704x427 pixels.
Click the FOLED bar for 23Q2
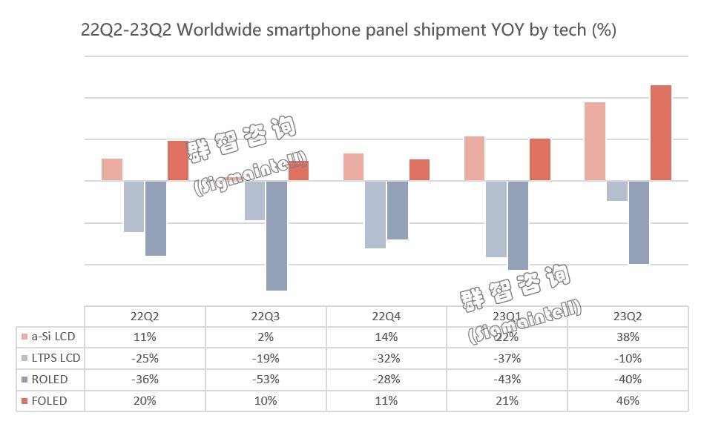tap(661, 133)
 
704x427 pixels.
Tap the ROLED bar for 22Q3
tap(277, 236)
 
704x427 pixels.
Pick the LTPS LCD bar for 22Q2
tap(134, 206)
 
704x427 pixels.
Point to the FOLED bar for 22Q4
tap(419, 170)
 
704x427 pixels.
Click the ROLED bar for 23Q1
tap(518, 225)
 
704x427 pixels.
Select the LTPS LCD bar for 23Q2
tap(616, 191)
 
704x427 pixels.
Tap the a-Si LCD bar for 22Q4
tap(354, 167)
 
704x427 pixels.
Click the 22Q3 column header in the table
tap(266, 315)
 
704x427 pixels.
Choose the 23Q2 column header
tap(628, 315)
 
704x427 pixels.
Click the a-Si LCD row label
tap(54, 337)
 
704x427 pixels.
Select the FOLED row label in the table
tap(50, 401)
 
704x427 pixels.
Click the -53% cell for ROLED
tap(266, 380)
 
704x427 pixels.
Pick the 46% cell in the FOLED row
tap(628, 401)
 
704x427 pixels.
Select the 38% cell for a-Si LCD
tap(628, 337)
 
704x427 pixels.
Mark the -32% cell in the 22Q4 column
tap(386, 358)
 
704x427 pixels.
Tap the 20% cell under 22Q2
tap(145, 401)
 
